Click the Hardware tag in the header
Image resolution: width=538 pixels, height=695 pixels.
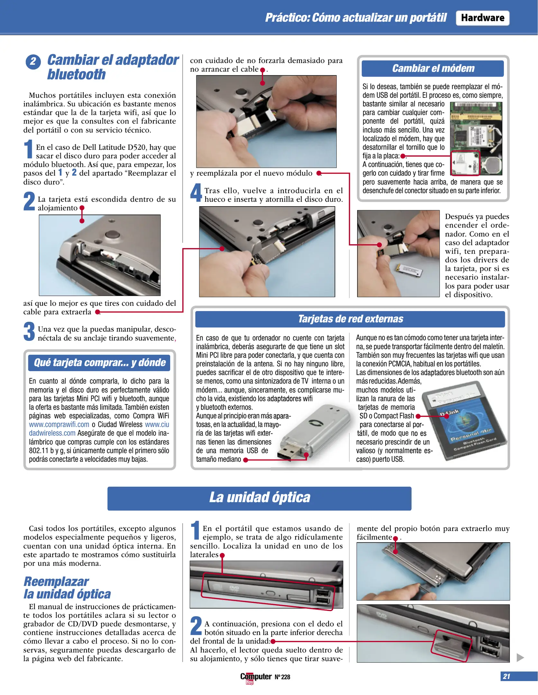pos(482,18)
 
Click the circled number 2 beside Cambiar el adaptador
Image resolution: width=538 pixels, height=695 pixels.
pos(33,61)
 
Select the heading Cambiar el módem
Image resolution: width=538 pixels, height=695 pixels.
pos(433,69)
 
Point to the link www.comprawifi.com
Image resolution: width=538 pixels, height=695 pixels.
pos(59,424)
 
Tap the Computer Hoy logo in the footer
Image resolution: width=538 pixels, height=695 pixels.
pos(256,677)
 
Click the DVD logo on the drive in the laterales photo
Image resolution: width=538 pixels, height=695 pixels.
pos(234,588)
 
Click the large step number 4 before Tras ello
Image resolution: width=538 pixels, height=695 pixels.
pos(196,192)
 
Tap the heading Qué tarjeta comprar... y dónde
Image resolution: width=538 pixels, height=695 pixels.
pos(99,363)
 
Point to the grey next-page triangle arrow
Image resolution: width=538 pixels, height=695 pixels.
pos(520,657)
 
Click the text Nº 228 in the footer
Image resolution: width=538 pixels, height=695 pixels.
pos(282,677)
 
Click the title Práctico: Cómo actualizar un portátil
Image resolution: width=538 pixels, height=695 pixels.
pos(356,18)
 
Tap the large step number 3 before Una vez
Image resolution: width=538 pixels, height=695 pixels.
pos(29,331)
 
